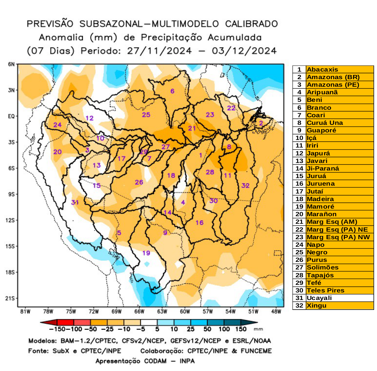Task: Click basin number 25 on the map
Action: [x=146, y=115]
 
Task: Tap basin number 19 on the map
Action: [x=146, y=253]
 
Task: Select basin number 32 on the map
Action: [x=245, y=185]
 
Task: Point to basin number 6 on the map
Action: [x=172, y=91]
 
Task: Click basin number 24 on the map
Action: [x=57, y=125]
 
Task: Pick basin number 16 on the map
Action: [x=199, y=223]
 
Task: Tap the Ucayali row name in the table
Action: [x=319, y=298]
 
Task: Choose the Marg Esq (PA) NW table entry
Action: [x=338, y=237]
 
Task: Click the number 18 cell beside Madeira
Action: [x=299, y=199]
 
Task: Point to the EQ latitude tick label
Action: [x=11, y=116]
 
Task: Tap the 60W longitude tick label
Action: [x=185, y=312]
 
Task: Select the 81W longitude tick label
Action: [x=25, y=312]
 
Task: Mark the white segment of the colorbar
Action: [x=149, y=322]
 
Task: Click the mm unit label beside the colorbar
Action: [x=258, y=329]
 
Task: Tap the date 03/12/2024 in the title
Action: [x=244, y=51]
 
